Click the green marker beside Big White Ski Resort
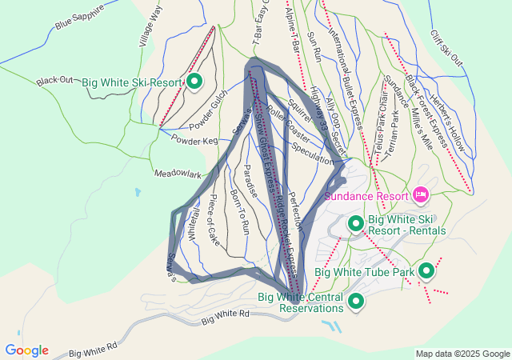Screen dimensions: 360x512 (x=194, y=82)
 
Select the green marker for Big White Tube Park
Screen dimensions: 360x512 (x=426, y=272)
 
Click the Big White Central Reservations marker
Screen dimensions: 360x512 (x=355, y=302)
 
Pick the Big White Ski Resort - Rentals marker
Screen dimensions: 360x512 (x=355, y=224)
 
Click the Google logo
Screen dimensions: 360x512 (x=26, y=350)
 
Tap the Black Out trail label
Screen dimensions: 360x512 (x=55, y=81)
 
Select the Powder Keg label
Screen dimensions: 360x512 (x=194, y=140)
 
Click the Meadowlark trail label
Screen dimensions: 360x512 (x=178, y=172)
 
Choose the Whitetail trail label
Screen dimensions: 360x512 (x=192, y=219)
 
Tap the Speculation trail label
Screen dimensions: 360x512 (x=313, y=153)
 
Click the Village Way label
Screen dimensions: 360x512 (x=150, y=26)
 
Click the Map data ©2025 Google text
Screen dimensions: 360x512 (x=462, y=354)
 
